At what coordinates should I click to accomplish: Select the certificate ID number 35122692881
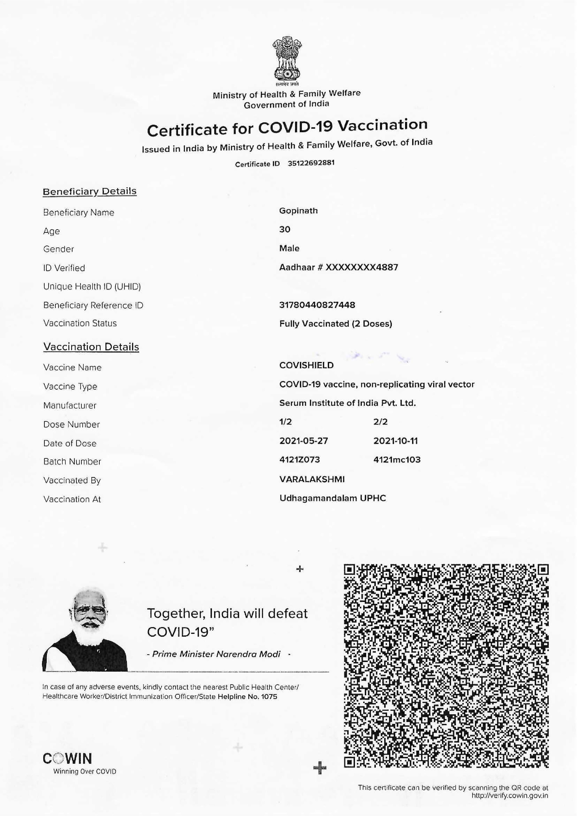pos(311,163)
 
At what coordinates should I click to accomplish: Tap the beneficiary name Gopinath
pos(298,211)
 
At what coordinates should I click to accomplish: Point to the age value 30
pos(285,229)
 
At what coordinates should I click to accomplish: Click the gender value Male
pos(289,248)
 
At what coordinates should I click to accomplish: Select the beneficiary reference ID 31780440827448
pos(317,305)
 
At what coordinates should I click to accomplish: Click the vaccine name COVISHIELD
pos(306,365)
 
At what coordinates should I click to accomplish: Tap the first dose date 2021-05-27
pos(303,441)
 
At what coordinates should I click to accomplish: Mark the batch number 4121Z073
pos(300,460)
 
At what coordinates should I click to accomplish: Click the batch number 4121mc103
pos(397,460)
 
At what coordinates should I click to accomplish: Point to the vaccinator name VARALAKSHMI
pos(312,479)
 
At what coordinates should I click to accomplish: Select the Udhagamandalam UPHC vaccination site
pos(333,498)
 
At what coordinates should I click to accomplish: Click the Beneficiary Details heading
pos(89,191)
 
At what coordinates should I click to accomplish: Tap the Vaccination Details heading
pos(91,347)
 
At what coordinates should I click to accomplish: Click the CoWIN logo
pos(67,758)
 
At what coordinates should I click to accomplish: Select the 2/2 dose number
pos(380,422)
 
